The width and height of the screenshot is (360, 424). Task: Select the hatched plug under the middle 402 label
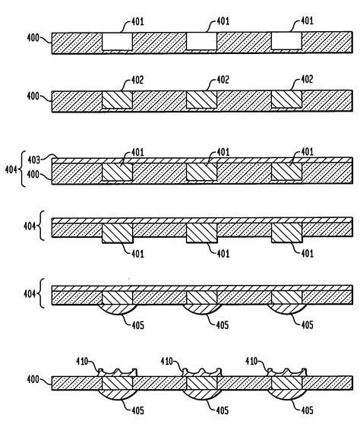[x=201, y=100]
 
